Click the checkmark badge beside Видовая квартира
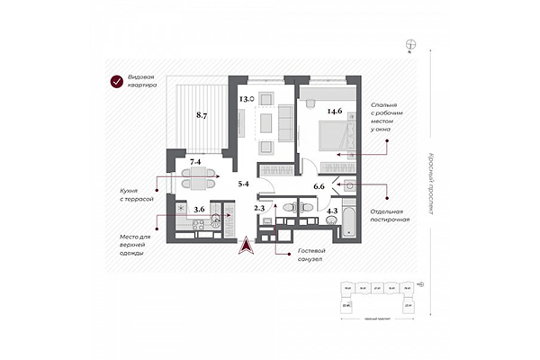point(116,83)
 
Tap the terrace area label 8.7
point(203,116)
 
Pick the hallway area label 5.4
point(243,184)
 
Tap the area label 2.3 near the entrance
point(259,209)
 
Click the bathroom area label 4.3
point(331,212)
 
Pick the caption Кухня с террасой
point(135,195)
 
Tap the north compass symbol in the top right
point(410,42)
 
